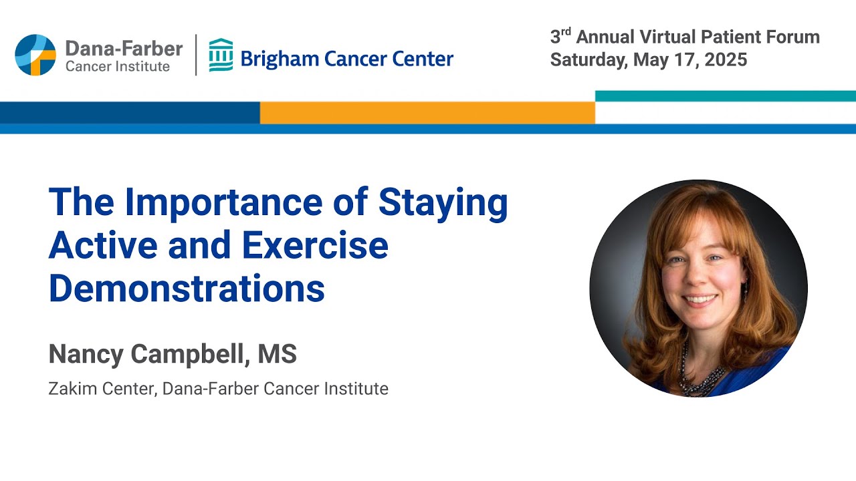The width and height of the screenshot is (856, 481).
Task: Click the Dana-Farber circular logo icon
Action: (35, 55)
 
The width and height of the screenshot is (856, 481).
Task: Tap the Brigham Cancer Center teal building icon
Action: (221, 55)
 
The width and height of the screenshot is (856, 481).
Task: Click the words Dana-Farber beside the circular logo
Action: (124, 48)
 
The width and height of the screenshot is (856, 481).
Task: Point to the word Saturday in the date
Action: (588, 59)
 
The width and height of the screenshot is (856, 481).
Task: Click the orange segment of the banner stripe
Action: (427, 112)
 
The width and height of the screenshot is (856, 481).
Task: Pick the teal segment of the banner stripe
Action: (725, 96)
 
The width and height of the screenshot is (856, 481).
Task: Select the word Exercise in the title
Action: (315, 245)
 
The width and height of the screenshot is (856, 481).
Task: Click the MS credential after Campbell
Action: (277, 354)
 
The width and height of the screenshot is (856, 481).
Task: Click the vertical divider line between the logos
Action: (196, 55)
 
